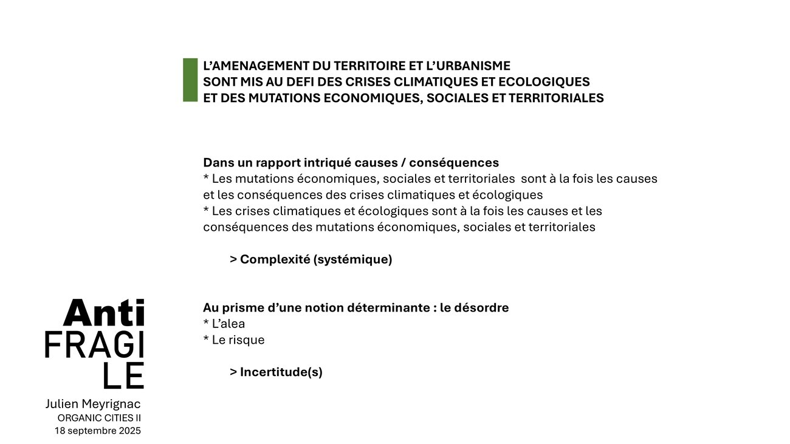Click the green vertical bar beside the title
(x=190, y=80)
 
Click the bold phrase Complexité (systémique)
(x=316, y=259)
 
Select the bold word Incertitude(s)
(x=281, y=372)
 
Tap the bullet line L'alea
(x=224, y=324)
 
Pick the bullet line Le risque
(x=234, y=340)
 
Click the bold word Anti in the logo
(x=104, y=313)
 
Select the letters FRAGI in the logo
(x=95, y=345)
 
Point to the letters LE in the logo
(x=123, y=376)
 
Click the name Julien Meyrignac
(x=93, y=404)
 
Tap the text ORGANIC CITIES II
(x=99, y=418)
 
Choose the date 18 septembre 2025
(x=98, y=431)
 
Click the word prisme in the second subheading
(x=241, y=307)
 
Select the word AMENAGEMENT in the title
(x=258, y=66)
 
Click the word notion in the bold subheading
(x=324, y=307)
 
